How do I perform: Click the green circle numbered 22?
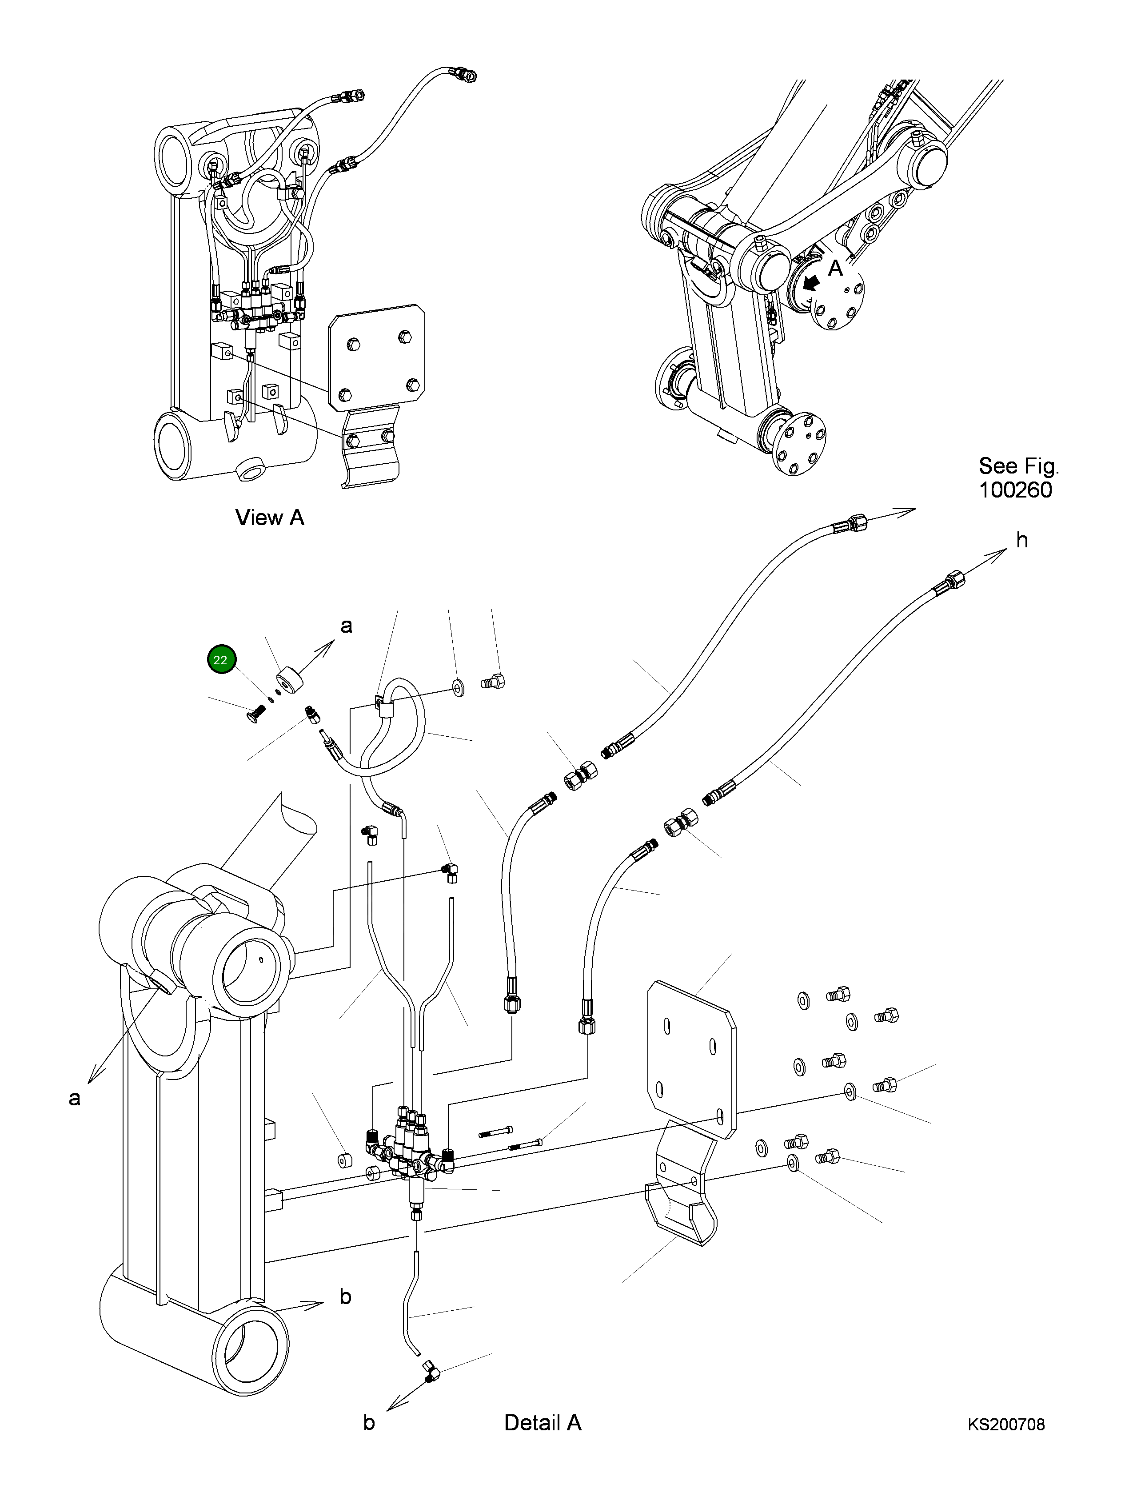220,660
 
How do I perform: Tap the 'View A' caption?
269,518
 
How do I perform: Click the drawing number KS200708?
1005,1425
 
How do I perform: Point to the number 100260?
1015,490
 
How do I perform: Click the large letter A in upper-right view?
835,268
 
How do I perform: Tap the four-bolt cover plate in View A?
376,357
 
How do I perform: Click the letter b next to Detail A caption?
369,1423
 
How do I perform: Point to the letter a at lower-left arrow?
74,1098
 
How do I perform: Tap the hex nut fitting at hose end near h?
954,579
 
